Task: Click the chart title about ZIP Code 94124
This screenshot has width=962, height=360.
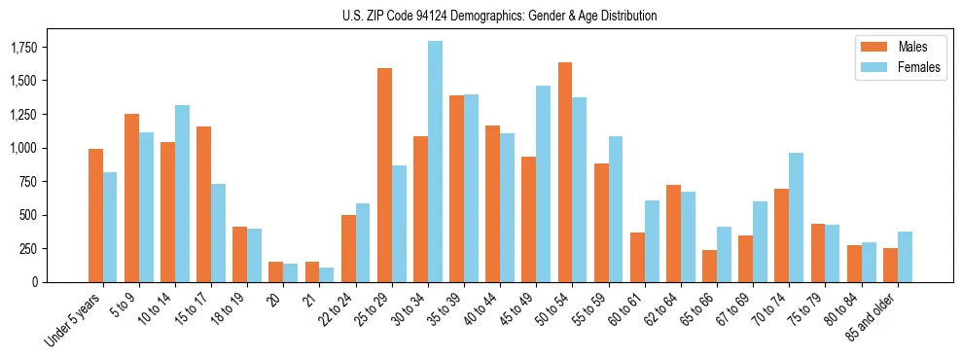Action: tap(500, 16)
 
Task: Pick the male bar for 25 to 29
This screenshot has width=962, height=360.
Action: tap(384, 175)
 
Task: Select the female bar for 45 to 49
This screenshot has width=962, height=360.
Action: tap(543, 184)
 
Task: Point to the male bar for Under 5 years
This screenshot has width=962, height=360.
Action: tap(95, 215)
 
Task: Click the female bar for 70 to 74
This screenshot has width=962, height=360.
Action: tap(796, 217)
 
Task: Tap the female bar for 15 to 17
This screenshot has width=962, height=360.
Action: tap(218, 233)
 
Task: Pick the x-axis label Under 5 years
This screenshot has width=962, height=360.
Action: tap(74, 318)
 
